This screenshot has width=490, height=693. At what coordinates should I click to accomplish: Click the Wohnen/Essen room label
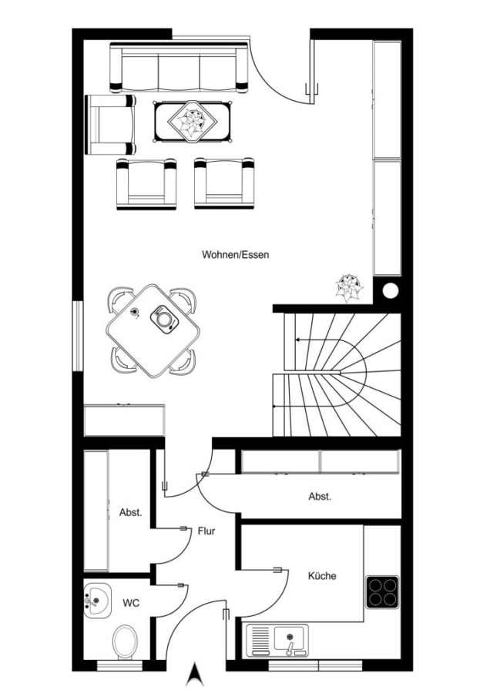click(x=235, y=255)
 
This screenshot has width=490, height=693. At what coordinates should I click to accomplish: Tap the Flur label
click(x=206, y=531)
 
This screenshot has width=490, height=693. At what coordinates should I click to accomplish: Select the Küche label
click(x=322, y=576)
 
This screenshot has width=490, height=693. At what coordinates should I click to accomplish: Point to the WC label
click(x=131, y=603)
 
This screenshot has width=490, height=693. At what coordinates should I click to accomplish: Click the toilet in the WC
click(x=125, y=641)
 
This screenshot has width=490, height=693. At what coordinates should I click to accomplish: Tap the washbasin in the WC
click(x=97, y=601)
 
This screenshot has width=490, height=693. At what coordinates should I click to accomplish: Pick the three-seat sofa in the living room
click(x=179, y=68)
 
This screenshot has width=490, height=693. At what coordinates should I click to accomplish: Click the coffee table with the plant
click(x=193, y=122)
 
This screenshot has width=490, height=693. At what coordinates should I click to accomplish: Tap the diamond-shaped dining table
click(x=153, y=330)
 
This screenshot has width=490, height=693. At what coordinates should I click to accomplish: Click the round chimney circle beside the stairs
click(x=390, y=290)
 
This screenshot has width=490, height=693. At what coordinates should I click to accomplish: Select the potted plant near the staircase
click(x=349, y=288)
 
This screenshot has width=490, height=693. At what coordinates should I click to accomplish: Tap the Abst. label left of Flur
click(x=130, y=513)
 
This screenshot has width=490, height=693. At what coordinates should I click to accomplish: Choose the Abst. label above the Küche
click(x=320, y=497)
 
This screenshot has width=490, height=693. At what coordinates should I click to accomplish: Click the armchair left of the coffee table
click(x=110, y=125)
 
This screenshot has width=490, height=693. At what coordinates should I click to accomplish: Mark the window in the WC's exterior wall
click(x=119, y=665)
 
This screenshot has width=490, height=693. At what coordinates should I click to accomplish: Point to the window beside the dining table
click(x=78, y=336)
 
